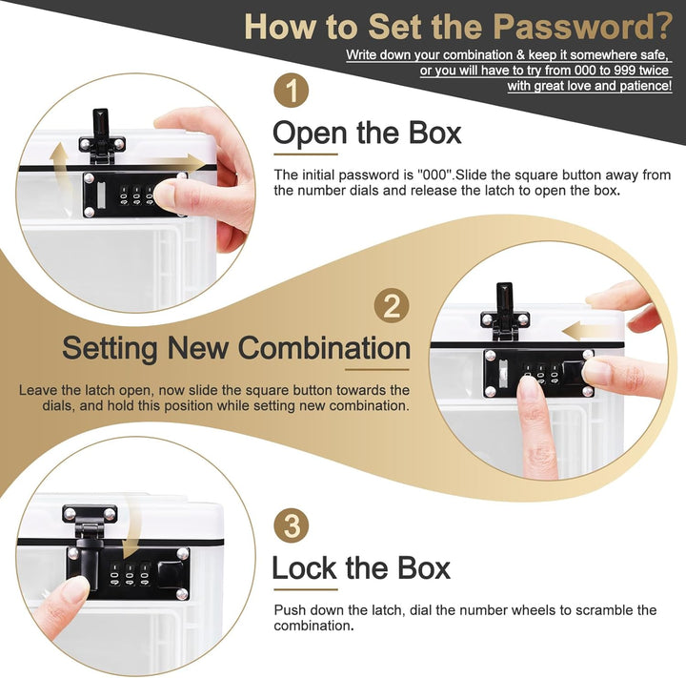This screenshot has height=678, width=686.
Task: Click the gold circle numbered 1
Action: tap(292, 92)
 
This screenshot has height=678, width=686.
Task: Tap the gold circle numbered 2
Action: tap(392, 305)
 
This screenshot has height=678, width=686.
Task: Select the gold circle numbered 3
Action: tap(292, 526)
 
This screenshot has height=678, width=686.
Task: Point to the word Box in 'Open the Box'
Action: tap(434, 133)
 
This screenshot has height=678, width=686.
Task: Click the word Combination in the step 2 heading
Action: tap(324, 348)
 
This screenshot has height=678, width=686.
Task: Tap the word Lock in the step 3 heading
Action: tap(304, 568)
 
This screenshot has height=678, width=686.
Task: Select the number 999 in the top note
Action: tap(623, 70)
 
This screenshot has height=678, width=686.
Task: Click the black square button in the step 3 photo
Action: tap(171, 573)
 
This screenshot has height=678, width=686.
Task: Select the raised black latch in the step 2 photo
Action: tap(504, 311)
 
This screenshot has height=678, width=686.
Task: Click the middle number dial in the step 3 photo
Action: tap(130, 574)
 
